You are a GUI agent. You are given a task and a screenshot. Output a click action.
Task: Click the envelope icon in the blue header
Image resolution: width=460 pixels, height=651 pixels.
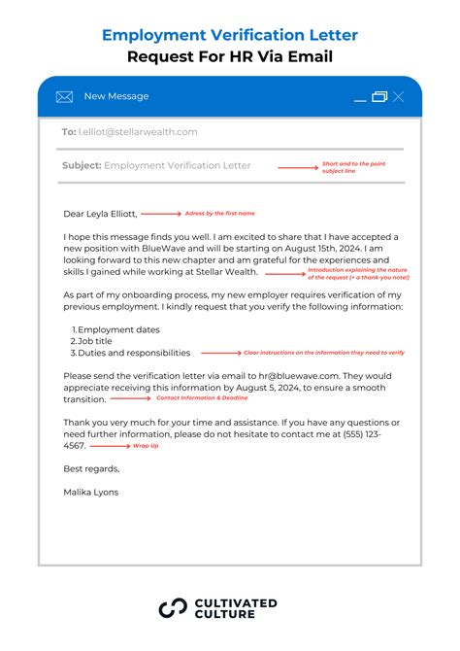pyautogui.click(x=65, y=96)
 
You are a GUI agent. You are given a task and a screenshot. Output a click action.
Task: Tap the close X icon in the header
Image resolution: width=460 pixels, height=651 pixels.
pyautogui.click(x=399, y=96)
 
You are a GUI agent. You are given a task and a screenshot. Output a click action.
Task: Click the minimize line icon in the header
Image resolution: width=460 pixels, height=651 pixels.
pyautogui.click(x=360, y=99)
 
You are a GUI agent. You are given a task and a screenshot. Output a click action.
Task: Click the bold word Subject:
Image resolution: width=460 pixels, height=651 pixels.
pyautogui.click(x=82, y=165)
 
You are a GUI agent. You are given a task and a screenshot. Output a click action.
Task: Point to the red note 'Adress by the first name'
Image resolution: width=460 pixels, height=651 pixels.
pyautogui.click(x=221, y=212)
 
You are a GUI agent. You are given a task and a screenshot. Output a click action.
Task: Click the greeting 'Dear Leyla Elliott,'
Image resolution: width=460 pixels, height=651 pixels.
pyautogui.click(x=100, y=213)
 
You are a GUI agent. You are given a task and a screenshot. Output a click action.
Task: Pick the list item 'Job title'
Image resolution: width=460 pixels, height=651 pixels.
pyautogui.click(x=101, y=342)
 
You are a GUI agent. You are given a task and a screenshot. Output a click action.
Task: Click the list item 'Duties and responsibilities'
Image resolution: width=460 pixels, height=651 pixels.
pyautogui.click(x=134, y=354)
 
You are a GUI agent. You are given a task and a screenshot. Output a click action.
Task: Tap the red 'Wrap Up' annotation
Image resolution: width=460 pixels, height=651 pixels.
pyautogui.click(x=146, y=446)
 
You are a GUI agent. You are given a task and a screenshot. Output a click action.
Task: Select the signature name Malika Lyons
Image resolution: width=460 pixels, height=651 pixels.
pyautogui.click(x=90, y=492)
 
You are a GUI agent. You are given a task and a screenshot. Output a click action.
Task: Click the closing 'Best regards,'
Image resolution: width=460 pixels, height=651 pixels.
pyautogui.click(x=91, y=468)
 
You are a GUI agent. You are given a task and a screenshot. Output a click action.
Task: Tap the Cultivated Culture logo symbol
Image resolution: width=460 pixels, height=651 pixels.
pyautogui.click(x=172, y=609)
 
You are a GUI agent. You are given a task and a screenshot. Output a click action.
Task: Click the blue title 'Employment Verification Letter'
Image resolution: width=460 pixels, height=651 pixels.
pyautogui.click(x=230, y=35)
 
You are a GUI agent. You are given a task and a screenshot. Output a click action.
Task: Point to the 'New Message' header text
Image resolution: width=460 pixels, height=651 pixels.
pyautogui.click(x=116, y=96)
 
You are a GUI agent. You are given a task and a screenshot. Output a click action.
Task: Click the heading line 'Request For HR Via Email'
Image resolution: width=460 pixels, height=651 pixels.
pyautogui.click(x=230, y=57)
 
